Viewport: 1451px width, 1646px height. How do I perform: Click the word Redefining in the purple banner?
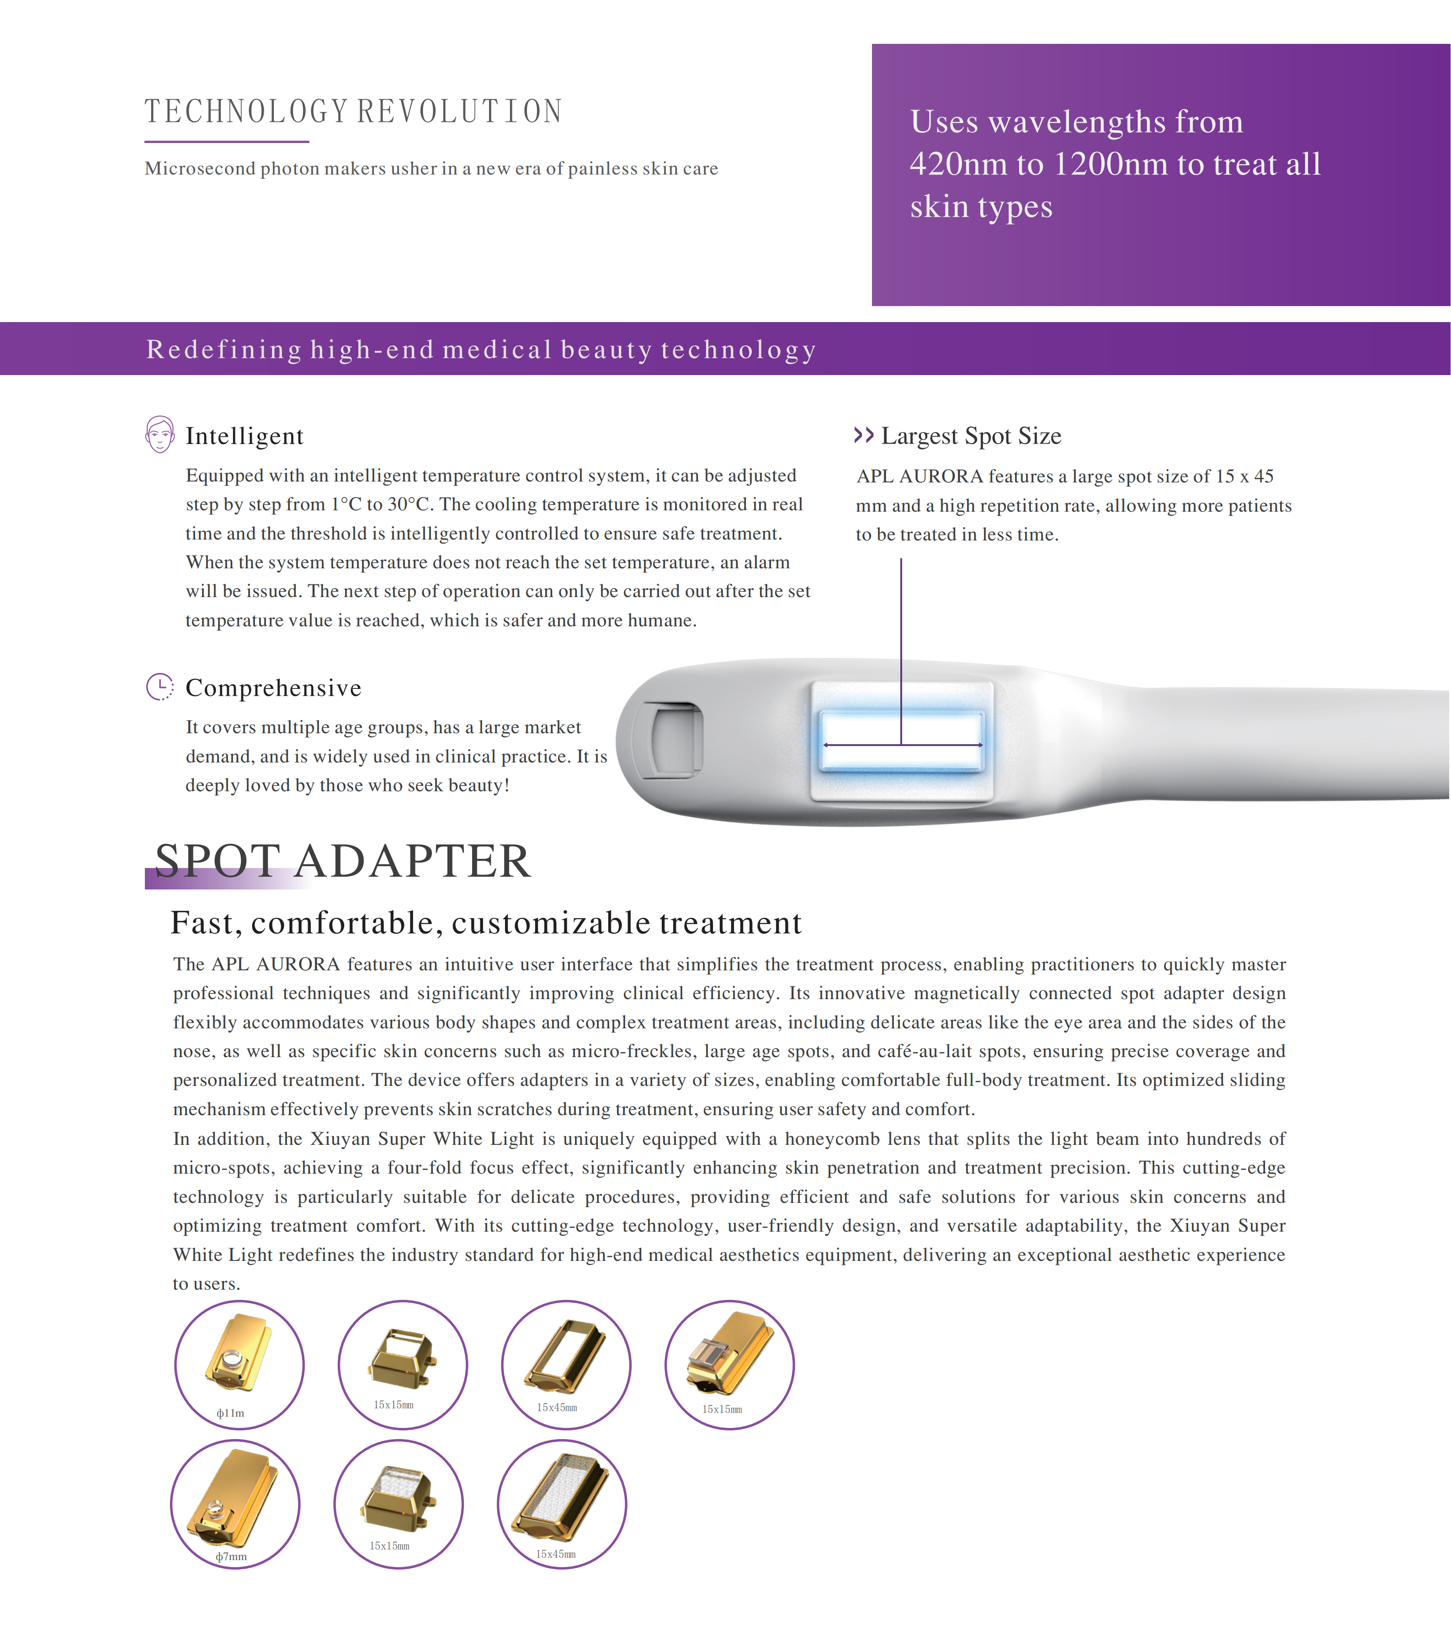pyautogui.click(x=223, y=349)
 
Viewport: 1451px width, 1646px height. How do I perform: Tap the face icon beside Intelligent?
pyautogui.click(x=159, y=435)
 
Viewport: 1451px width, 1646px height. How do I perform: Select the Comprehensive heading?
pyautogui.click(x=273, y=688)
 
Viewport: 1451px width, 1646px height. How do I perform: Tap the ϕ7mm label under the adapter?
pyautogui.click(x=231, y=1556)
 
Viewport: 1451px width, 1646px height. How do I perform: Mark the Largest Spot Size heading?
pyautogui.click(x=971, y=436)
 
